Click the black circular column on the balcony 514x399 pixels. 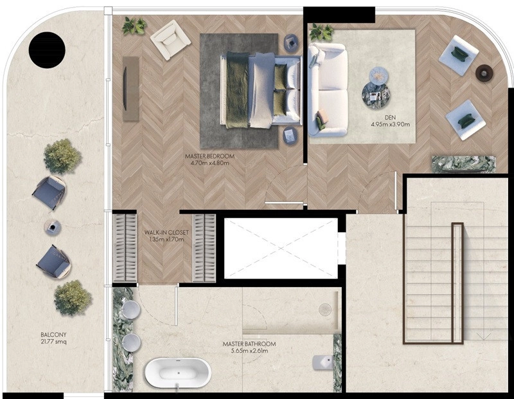tap(47, 50)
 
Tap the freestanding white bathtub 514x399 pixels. tap(178, 373)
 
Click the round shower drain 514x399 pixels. tap(325, 310)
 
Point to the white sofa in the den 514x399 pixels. tap(328, 89)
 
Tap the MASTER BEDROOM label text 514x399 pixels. tap(210, 156)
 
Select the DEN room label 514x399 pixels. tap(391, 118)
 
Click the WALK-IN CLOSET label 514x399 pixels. tap(166, 232)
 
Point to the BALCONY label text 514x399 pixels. tap(53, 335)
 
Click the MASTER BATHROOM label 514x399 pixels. tap(249, 344)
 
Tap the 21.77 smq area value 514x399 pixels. tap(53, 342)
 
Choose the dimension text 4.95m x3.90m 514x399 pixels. tap(391, 124)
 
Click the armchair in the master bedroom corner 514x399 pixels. tap(170, 40)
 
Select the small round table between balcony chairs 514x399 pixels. tap(53, 227)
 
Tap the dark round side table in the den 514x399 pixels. tap(484, 73)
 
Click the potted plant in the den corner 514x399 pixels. tap(321, 32)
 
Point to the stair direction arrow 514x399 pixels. tap(484, 336)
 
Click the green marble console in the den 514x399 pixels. tap(463, 163)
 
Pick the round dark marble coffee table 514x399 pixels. tap(375, 94)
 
